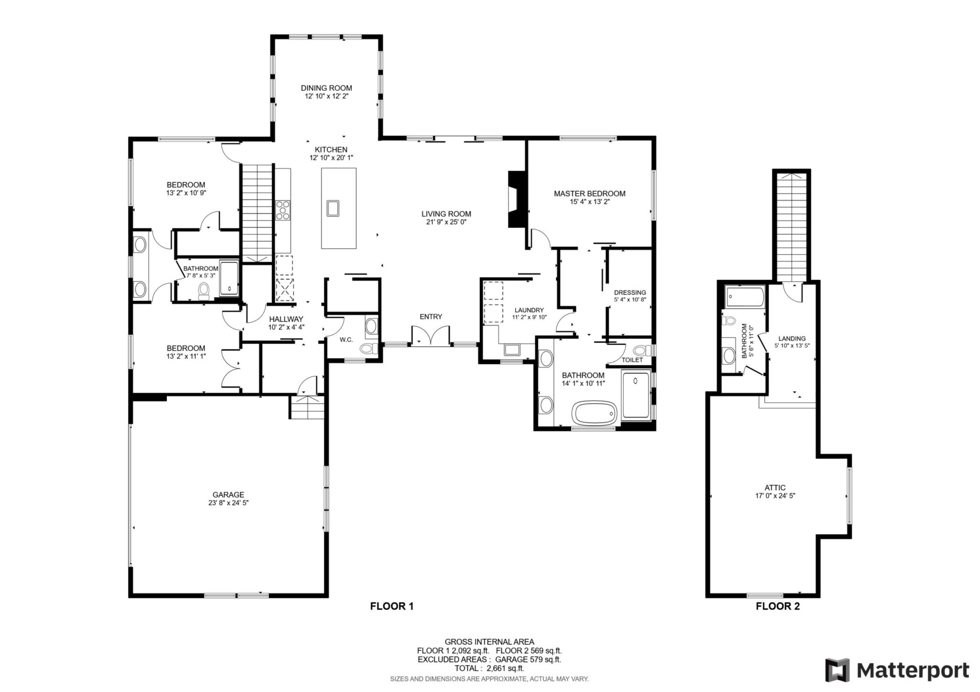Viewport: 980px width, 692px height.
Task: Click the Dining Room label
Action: pos(326,88)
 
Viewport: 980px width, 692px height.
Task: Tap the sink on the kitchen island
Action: pos(333,209)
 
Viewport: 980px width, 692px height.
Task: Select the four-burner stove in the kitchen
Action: pos(283,210)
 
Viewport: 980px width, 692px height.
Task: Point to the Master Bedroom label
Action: pos(589,194)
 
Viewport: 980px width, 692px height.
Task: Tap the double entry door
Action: pos(430,335)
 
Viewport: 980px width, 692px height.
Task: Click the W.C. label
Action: pos(346,340)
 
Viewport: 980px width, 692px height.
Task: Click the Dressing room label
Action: pos(630,293)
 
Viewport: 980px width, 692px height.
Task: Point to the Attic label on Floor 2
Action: pos(775,488)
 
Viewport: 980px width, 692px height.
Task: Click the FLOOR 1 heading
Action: pos(392,606)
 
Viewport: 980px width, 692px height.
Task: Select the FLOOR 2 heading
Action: pos(777,606)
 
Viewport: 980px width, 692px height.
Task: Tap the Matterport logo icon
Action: pos(837,670)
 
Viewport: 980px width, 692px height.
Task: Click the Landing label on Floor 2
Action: pos(792,339)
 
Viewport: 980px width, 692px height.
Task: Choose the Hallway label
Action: pos(286,319)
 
